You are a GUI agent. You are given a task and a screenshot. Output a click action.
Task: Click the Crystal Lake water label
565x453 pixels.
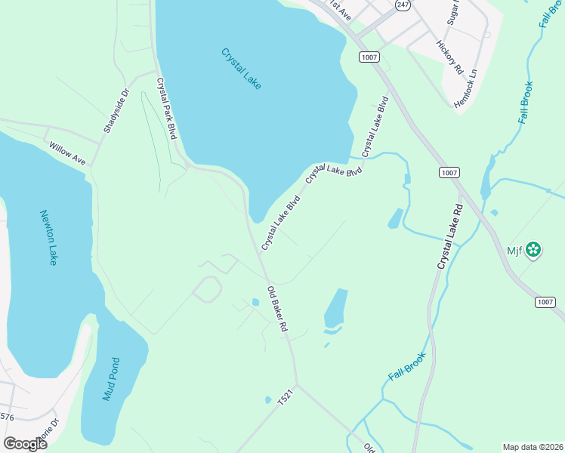[x=242, y=69]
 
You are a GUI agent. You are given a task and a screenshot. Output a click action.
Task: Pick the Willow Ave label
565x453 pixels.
[x=67, y=153]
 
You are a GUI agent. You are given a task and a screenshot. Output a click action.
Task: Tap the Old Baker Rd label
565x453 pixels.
[x=278, y=310]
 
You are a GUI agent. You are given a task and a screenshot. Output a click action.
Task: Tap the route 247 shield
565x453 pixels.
[x=403, y=5]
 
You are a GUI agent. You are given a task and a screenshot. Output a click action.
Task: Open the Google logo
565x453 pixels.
[x=25, y=444]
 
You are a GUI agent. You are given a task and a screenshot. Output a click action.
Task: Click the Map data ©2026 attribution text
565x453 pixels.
[x=533, y=447]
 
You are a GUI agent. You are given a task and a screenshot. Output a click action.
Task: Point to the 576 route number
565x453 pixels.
[x=7, y=416]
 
